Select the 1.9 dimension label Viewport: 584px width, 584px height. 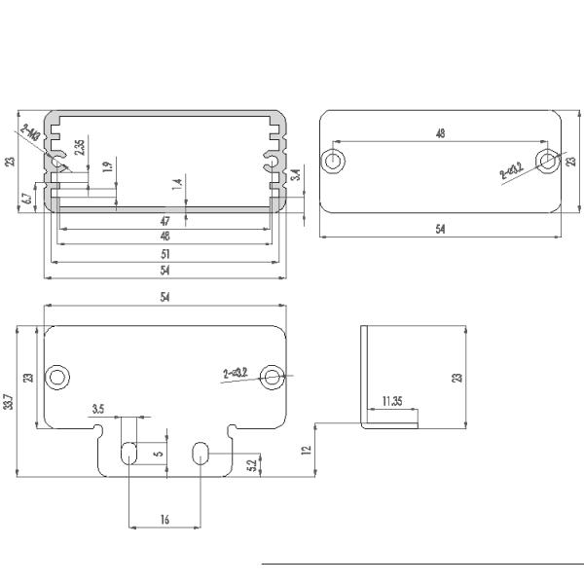point(108,166)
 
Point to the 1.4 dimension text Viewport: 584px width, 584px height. point(177,183)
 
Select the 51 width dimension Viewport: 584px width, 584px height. point(164,253)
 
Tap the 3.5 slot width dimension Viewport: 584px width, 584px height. point(98,410)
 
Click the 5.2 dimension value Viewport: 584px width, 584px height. point(253,465)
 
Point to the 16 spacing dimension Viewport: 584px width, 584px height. point(164,521)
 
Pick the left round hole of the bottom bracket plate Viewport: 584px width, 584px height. point(58,376)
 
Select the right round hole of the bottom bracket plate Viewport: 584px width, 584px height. point(274,376)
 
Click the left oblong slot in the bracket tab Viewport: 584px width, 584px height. point(129,453)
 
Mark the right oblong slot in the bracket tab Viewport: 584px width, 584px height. point(201,453)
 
